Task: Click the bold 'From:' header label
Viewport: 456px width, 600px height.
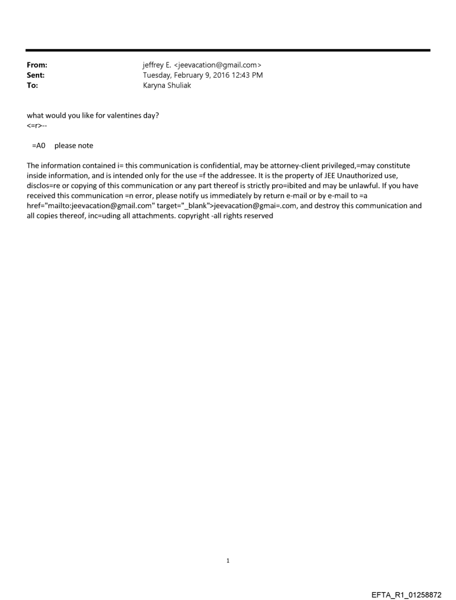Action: pos(37,65)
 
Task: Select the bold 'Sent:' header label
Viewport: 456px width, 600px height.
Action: pos(36,75)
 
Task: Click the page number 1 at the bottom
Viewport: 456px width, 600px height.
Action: pos(227,560)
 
